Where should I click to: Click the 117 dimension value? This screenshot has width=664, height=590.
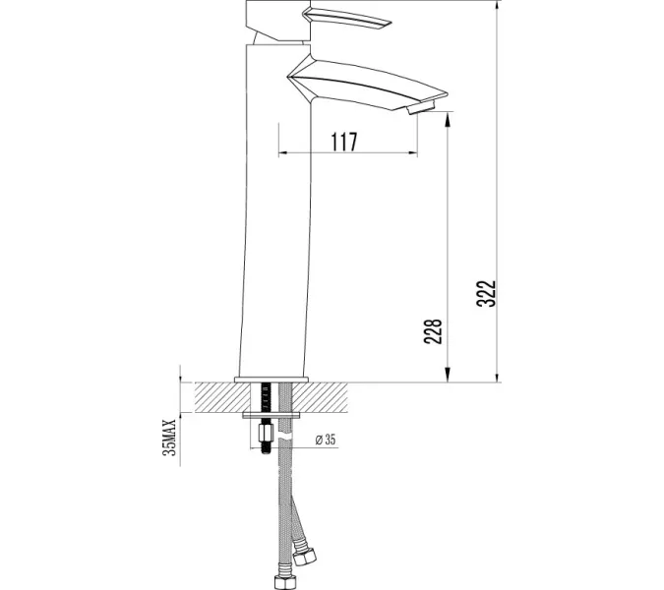[x=342, y=141]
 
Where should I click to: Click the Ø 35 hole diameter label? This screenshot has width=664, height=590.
[x=326, y=441]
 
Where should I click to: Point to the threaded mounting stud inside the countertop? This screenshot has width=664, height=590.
[x=265, y=398]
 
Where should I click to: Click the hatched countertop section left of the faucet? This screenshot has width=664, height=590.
[x=216, y=397]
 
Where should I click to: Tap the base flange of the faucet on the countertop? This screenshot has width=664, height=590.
[x=272, y=379]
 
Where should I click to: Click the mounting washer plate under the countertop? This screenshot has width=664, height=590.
[x=271, y=417]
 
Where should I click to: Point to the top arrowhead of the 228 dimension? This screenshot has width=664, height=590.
[x=448, y=119]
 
